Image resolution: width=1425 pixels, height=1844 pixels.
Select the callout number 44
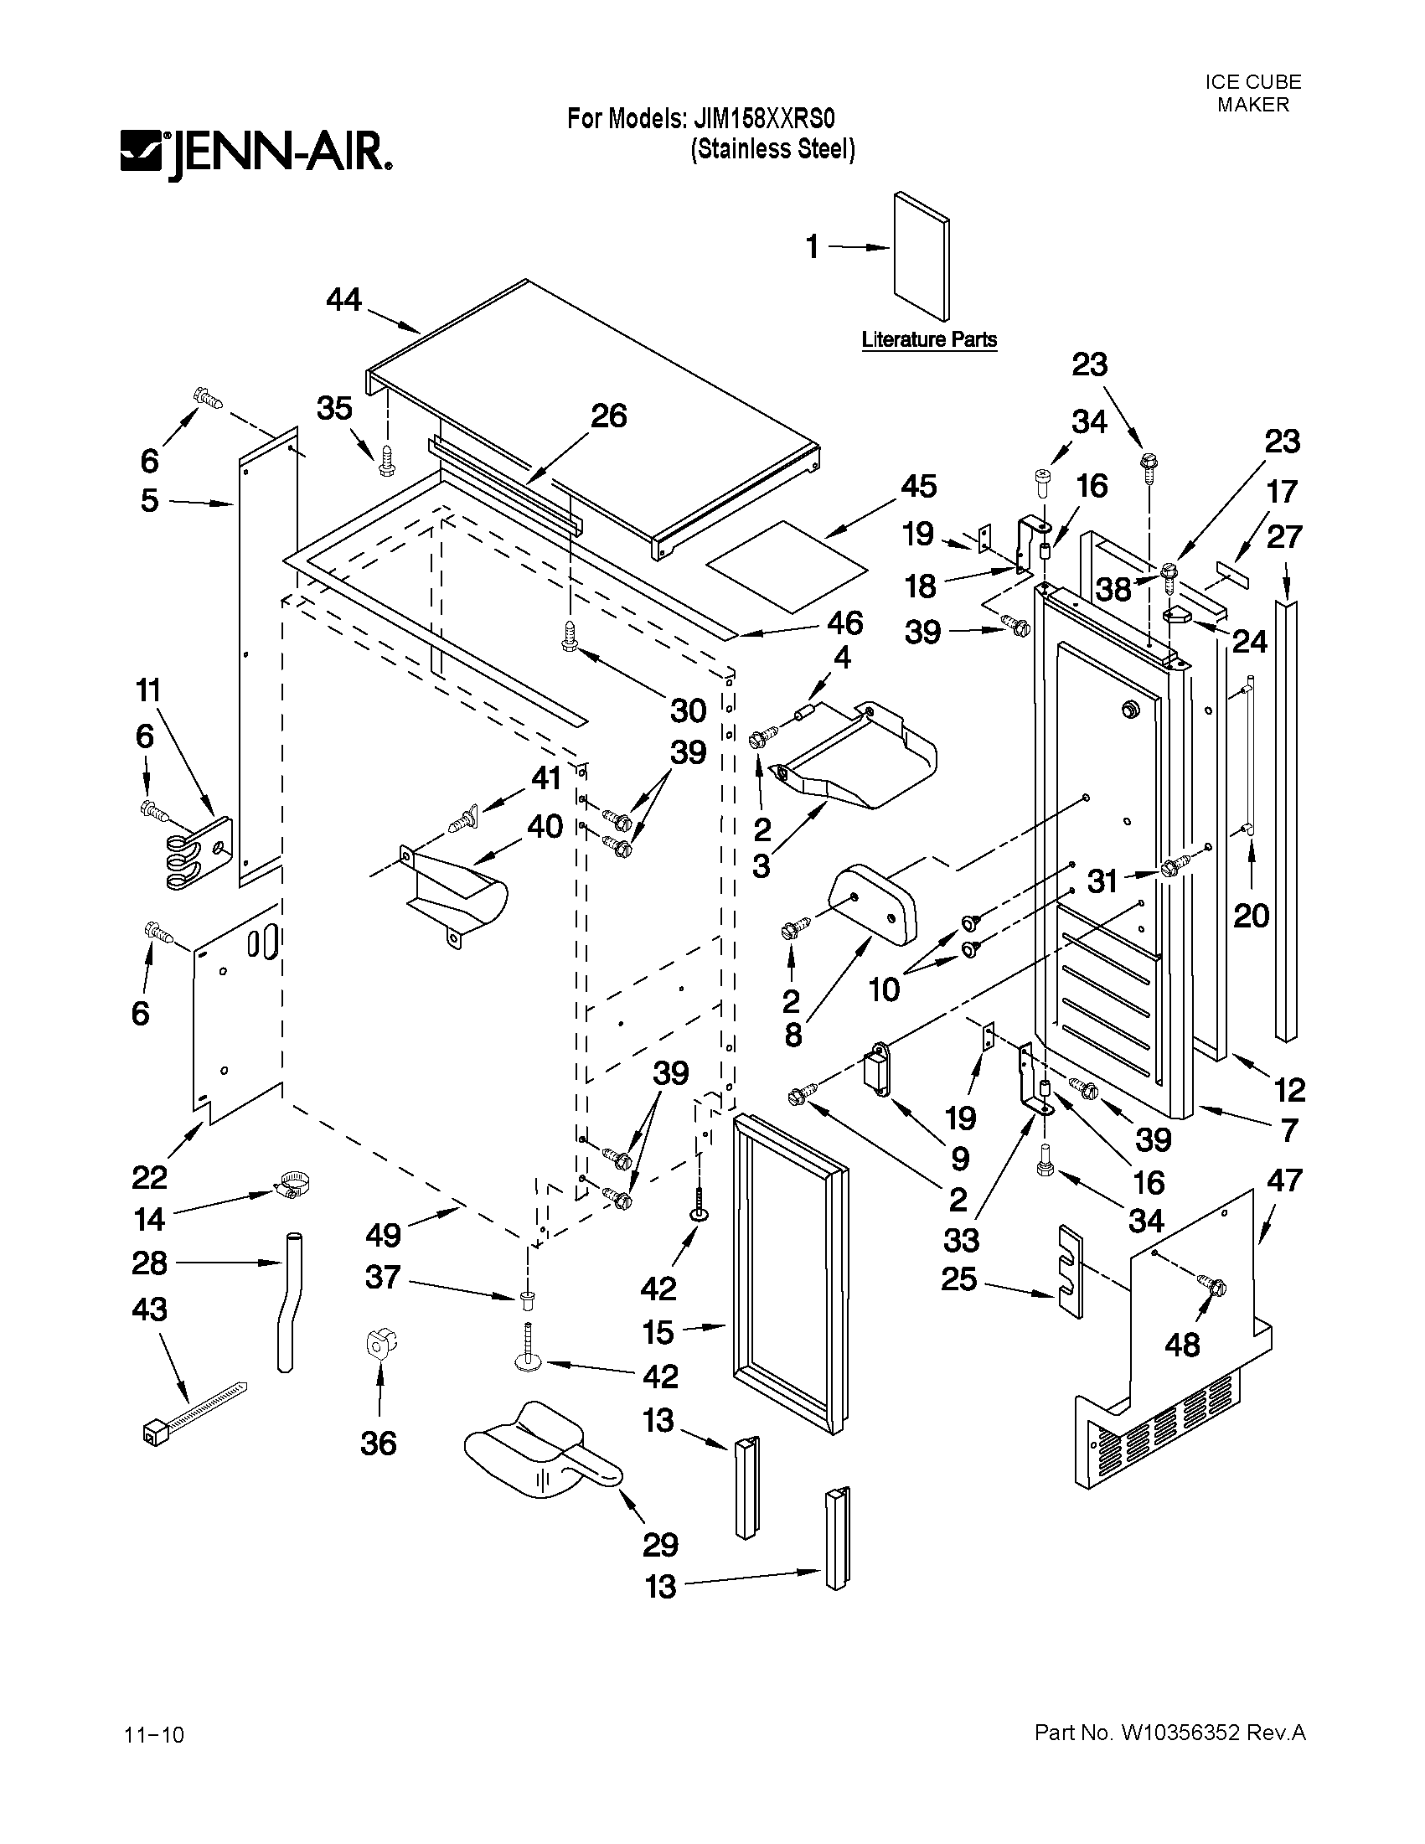tap(343, 299)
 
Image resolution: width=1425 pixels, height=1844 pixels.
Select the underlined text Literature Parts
tap(928, 339)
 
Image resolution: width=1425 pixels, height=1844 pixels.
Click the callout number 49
tap(382, 1235)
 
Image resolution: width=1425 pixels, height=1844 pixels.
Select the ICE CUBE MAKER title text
tap(1252, 93)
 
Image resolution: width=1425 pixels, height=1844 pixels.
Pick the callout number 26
tap(608, 416)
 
